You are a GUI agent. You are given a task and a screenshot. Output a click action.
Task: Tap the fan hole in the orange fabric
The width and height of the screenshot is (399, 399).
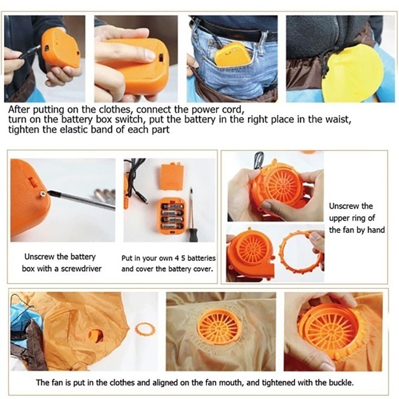pos(95,336)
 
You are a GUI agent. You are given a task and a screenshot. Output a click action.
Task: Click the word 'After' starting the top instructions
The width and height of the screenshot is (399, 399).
pos(19,109)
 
